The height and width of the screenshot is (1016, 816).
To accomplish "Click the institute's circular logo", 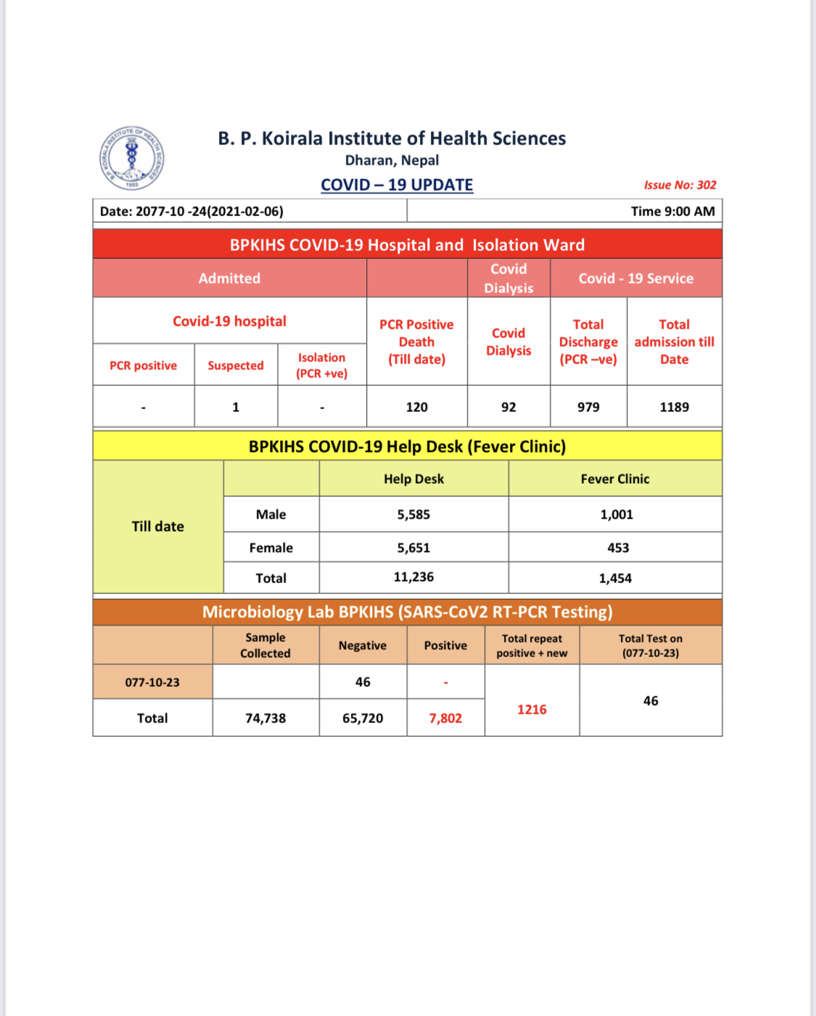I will click(x=131, y=158).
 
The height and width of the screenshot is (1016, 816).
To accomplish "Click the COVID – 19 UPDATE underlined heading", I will click(x=397, y=185).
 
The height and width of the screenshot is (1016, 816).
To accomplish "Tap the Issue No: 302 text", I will click(x=680, y=185).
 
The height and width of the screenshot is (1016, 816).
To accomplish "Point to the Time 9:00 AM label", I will click(x=672, y=211).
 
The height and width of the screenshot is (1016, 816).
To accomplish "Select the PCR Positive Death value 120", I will click(x=416, y=407).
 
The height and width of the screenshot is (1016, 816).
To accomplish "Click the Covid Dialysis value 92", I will click(x=508, y=407).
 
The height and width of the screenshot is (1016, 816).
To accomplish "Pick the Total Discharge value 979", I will click(x=588, y=407).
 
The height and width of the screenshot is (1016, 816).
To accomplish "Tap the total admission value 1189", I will click(x=674, y=407).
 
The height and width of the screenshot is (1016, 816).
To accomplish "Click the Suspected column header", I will click(x=236, y=365).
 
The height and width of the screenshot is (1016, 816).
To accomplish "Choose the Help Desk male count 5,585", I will click(x=413, y=514).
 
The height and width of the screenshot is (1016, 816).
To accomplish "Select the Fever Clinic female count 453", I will click(x=618, y=548).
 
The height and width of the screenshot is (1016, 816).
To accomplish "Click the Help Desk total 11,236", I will click(x=413, y=577).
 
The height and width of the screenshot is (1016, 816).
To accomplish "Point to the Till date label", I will click(x=157, y=526).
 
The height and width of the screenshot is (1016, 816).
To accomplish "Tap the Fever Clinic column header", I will click(x=615, y=479).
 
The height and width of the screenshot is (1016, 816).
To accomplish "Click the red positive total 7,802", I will click(x=445, y=718).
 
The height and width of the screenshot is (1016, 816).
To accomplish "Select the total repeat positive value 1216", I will click(x=532, y=709).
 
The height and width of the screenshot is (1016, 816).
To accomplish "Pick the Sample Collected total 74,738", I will click(x=265, y=718).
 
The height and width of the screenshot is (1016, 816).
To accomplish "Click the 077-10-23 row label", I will click(x=152, y=682).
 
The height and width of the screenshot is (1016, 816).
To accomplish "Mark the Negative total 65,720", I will click(x=363, y=718).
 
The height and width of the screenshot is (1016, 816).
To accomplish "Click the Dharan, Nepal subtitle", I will click(x=392, y=160).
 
